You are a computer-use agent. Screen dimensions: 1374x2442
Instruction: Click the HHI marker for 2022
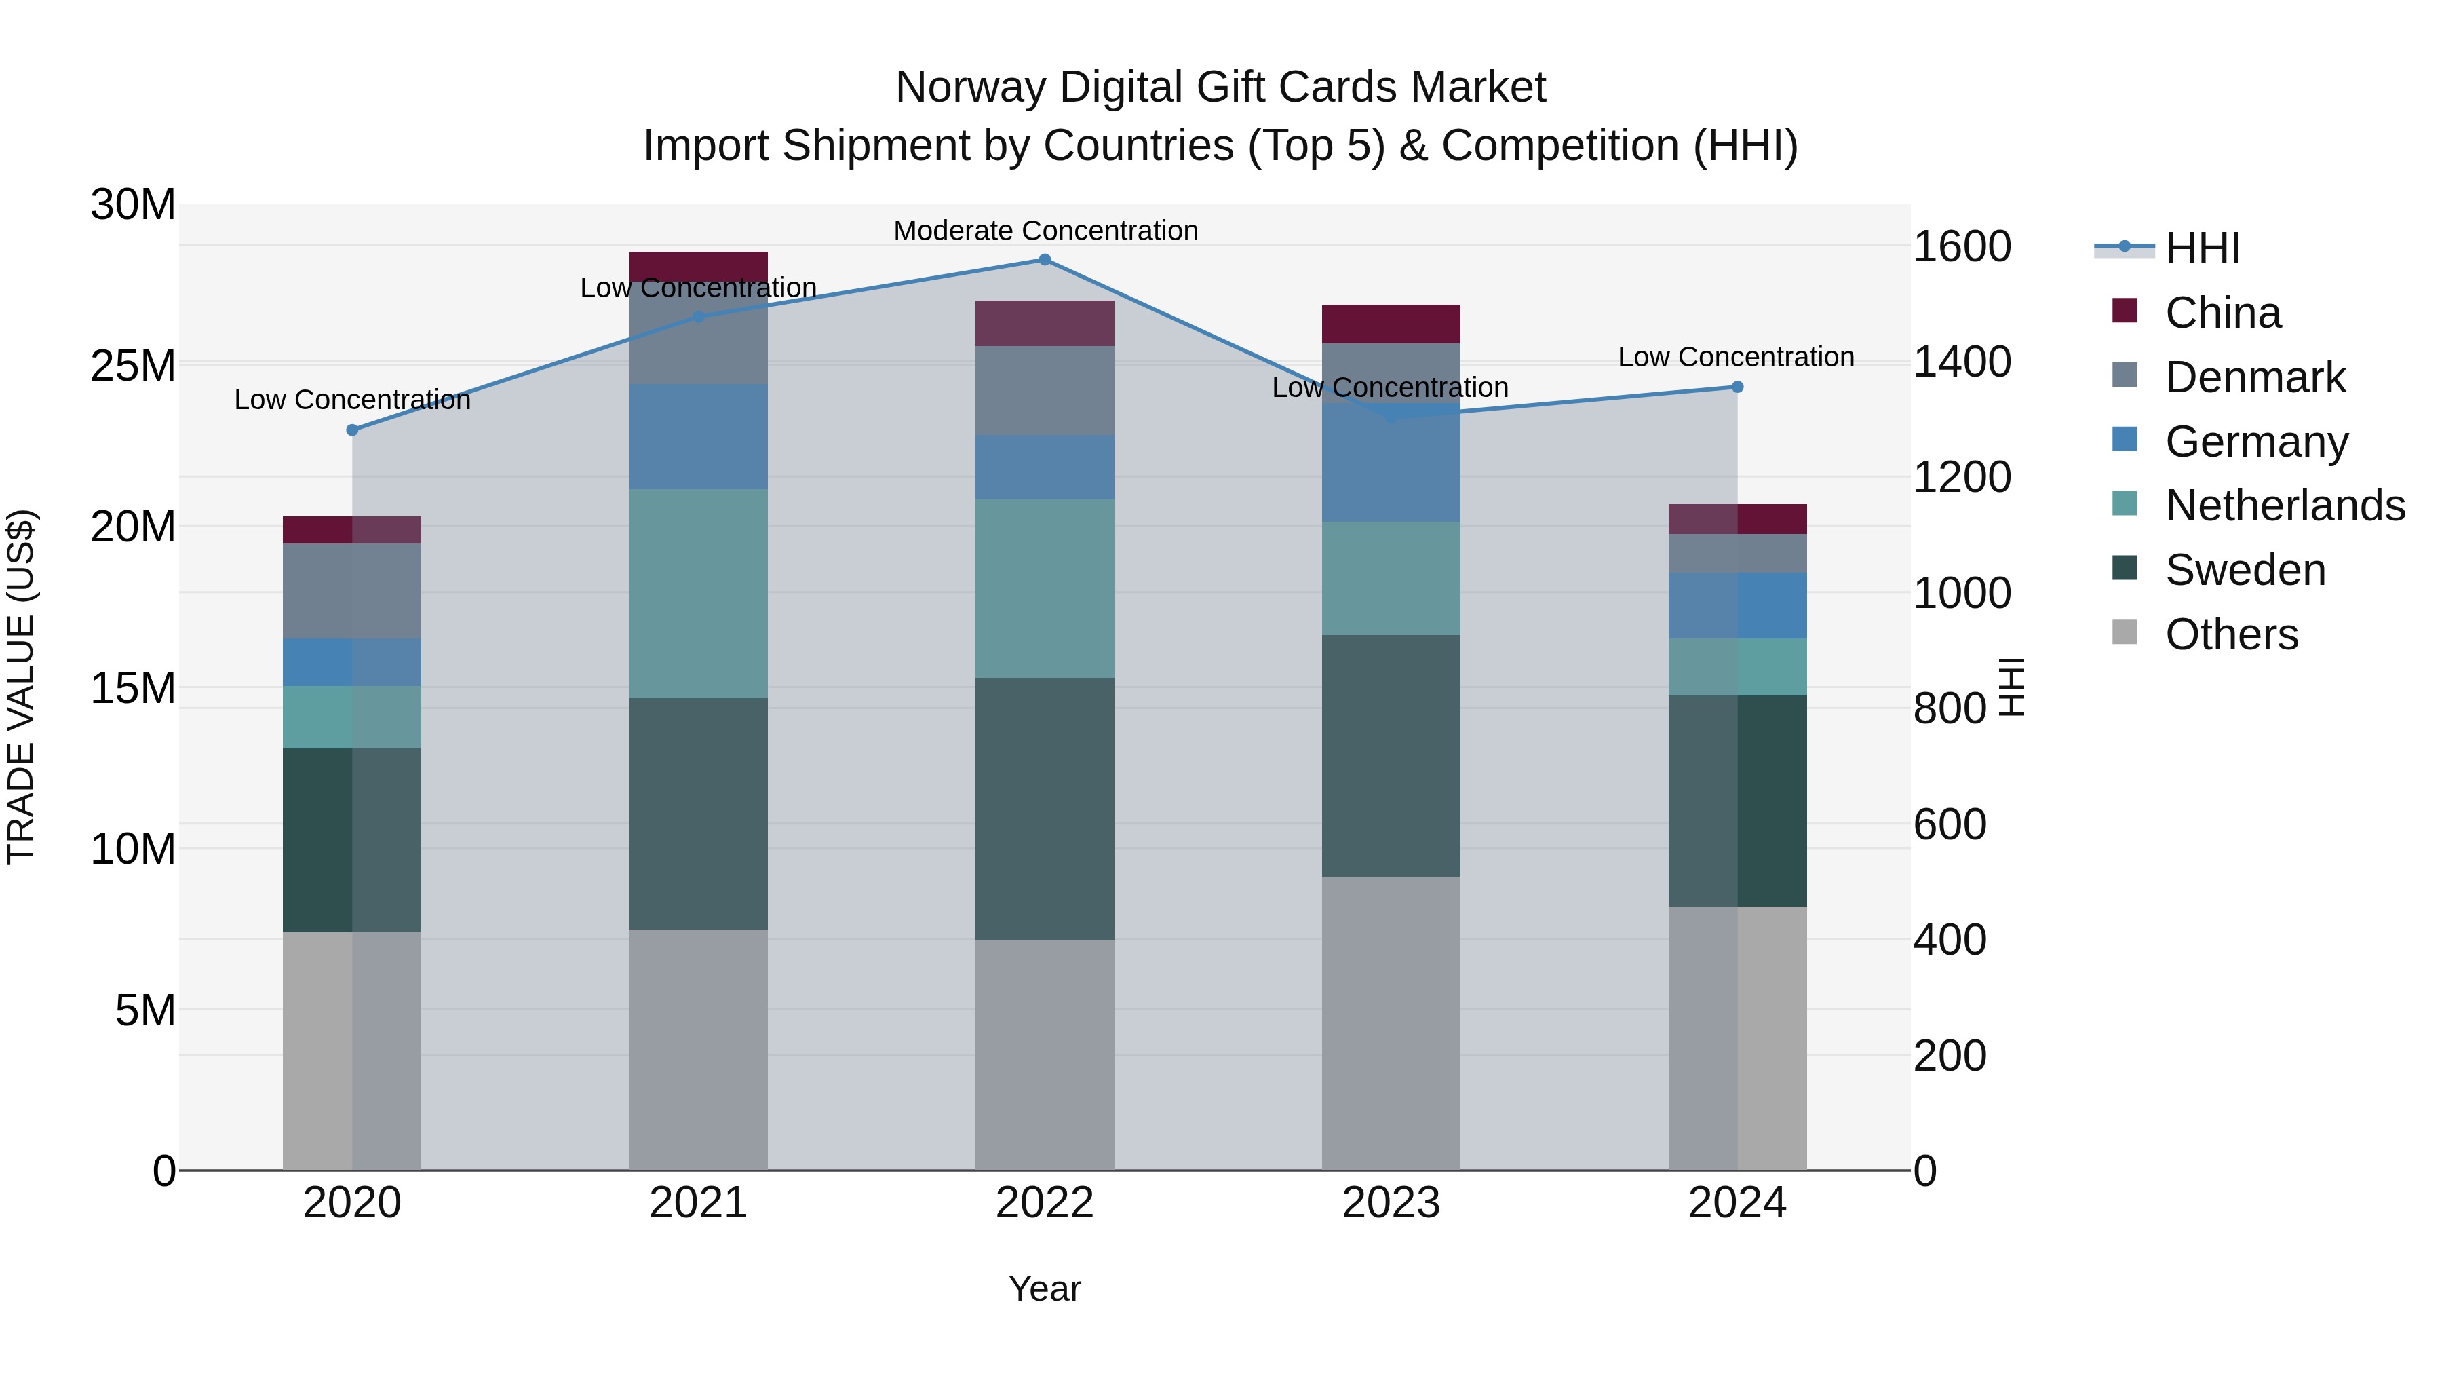click(x=1045, y=260)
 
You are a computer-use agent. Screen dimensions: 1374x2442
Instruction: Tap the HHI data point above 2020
click(x=353, y=430)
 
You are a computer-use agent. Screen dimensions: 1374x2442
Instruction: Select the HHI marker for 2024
click(x=1737, y=387)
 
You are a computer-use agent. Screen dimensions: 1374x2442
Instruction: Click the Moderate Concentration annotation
click(x=1045, y=231)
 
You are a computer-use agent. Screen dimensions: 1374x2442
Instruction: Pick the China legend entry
click(x=2222, y=313)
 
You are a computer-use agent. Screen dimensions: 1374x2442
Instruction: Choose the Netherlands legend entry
click(x=2284, y=505)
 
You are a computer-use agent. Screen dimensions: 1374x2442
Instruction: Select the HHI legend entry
click(x=2202, y=248)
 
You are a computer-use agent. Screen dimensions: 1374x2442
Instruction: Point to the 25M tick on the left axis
click(x=134, y=366)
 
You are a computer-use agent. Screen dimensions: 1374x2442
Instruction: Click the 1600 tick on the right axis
click(x=1961, y=246)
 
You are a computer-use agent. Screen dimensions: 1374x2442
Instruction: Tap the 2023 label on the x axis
click(x=1391, y=1203)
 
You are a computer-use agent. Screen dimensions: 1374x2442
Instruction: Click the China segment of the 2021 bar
click(x=699, y=265)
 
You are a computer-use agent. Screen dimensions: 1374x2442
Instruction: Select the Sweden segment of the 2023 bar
click(x=1391, y=756)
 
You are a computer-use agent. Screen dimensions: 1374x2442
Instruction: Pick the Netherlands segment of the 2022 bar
click(x=1045, y=588)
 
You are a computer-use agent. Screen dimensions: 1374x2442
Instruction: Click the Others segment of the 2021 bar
click(x=699, y=1049)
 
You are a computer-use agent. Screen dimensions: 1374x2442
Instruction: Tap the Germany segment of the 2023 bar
click(x=1391, y=463)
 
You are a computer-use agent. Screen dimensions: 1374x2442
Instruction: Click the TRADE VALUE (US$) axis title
click(x=21, y=687)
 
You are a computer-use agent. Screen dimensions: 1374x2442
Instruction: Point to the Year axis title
click(x=1045, y=1289)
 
